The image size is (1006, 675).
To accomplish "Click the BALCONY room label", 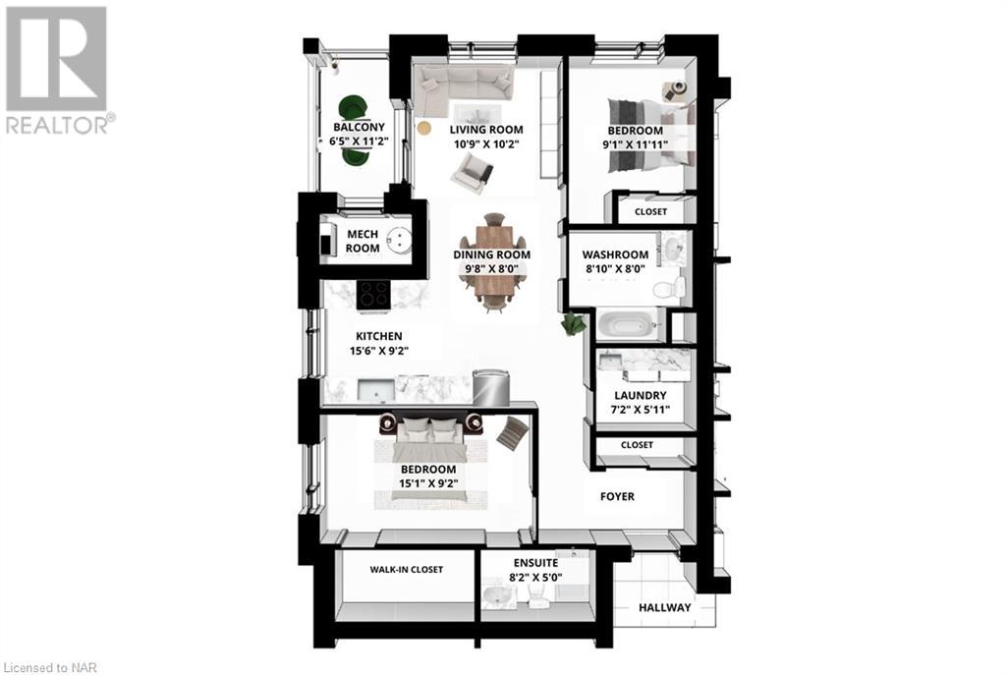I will tap(358, 128).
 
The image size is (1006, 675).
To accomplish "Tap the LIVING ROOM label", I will tap(486, 130).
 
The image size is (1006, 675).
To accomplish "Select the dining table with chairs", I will tap(491, 262).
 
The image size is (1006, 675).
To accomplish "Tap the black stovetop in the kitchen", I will tap(373, 293).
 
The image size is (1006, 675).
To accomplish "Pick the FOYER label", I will tap(617, 497).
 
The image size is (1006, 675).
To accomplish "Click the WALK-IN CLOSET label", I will tap(406, 570).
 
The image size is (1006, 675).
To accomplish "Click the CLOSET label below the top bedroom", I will tap(650, 212).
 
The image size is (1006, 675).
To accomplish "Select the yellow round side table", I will tap(424, 128).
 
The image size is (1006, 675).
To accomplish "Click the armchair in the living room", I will tap(472, 174).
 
